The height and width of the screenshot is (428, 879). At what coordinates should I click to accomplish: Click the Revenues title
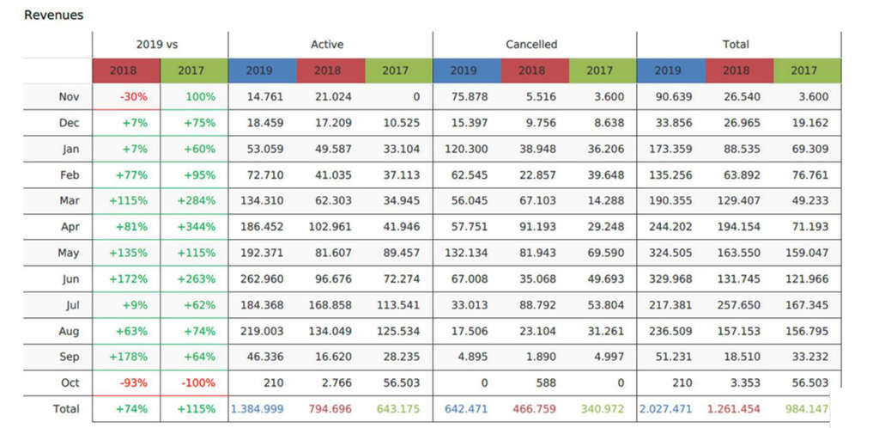53,15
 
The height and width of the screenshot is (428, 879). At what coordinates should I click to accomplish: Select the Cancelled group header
531,44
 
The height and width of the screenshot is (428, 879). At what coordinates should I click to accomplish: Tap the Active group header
327,44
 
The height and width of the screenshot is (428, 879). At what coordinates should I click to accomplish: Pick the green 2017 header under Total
803,70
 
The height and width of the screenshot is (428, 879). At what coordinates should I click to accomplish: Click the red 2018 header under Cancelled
531,70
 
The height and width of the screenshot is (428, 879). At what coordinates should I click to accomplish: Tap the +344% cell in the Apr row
197,227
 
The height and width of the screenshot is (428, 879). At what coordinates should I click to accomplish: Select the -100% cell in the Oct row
197,382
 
